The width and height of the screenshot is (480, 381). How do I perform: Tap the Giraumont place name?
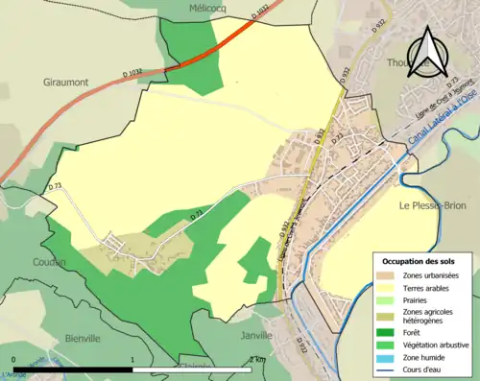(x=65, y=83)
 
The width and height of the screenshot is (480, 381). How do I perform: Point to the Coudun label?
(x=47, y=262)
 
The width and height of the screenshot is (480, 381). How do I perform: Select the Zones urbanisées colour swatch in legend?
(x=388, y=275)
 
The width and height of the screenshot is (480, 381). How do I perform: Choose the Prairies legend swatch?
(x=388, y=300)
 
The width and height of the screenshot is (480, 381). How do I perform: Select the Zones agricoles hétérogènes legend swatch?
(x=388, y=315)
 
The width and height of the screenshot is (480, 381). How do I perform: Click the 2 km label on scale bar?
(x=256, y=359)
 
